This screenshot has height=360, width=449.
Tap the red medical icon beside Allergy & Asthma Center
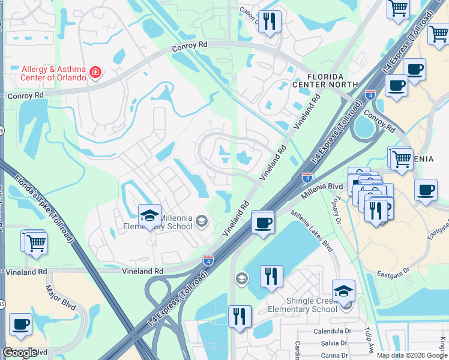(x=95, y=73)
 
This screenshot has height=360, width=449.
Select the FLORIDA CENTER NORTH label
(x=325, y=80)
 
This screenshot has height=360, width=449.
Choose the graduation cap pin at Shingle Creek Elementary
(x=343, y=292)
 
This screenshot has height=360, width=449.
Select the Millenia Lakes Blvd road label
(x=312, y=230)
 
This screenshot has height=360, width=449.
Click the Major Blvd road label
(x=61, y=298)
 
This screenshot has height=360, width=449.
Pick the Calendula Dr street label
(x=331, y=331)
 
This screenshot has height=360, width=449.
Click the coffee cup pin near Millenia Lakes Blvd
(x=262, y=224)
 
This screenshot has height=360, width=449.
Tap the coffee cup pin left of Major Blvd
(x=21, y=325)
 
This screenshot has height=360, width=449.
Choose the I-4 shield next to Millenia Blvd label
(x=307, y=177)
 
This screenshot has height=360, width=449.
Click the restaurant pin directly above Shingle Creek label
(x=271, y=277)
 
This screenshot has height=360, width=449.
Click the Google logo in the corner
(x=20, y=353)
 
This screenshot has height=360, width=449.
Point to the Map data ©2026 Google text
(x=412, y=355)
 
